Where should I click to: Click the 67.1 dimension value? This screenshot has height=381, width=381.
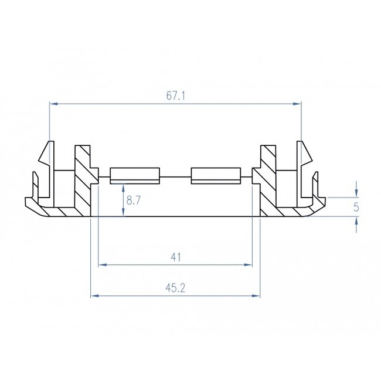pyautogui.click(x=175, y=96)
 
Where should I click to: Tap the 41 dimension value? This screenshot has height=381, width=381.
pyautogui.click(x=175, y=257)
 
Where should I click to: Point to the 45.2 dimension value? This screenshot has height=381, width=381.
pyautogui.click(x=175, y=288)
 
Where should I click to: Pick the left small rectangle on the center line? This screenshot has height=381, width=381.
pyautogui.click(x=135, y=175)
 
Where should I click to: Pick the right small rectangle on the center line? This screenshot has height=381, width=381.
pyautogui.click(x=216, y=175)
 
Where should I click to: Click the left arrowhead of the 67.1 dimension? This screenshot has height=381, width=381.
pyautogui.click(x=53, y=104)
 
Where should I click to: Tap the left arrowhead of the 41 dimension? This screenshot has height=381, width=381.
pyautogui.click(x=102, y=265)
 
